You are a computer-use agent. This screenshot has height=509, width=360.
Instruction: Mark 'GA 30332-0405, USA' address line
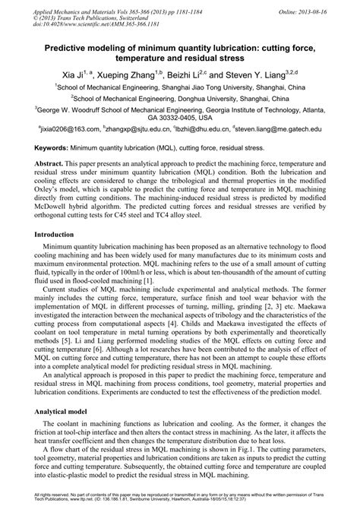click(x=180, y=119)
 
